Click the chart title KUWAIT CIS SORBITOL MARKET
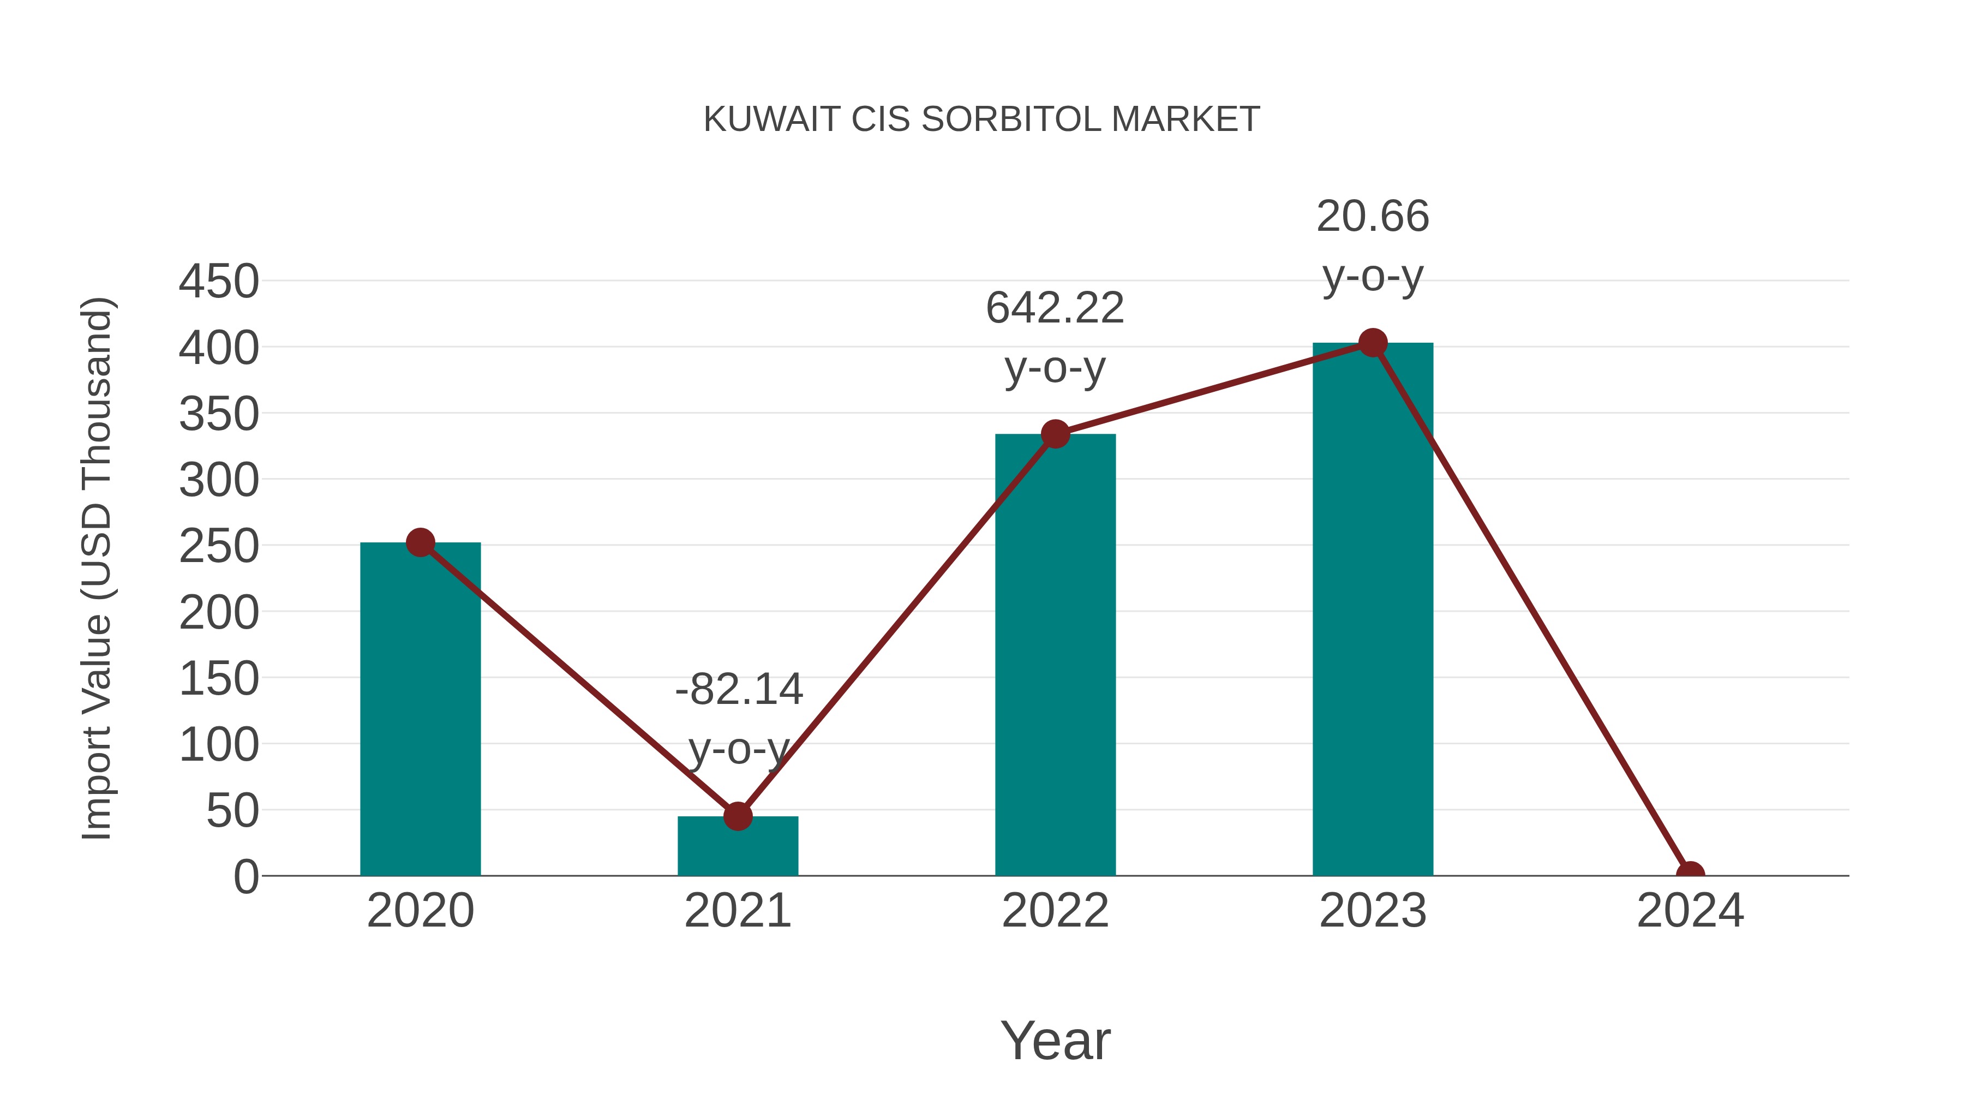tap(981, 120)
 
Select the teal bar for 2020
tap(420, 709)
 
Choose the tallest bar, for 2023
tap(1373, 610)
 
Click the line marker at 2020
tap(420, 543)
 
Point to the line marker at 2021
tap(737, 816)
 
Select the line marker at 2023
tap(1373, 343)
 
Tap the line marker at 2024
tap(1690, 874)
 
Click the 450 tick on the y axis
tap(219, 282)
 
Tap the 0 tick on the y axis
tap(246, 877)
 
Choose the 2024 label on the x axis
tap(1690, 911)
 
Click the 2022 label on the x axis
tap(1055, 911)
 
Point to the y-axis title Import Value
tap(98, 568)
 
